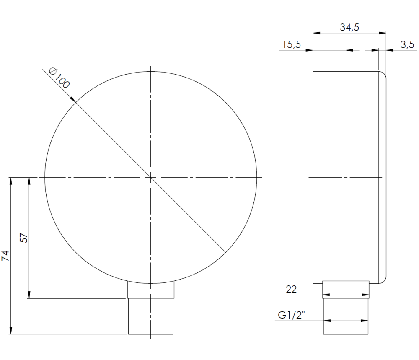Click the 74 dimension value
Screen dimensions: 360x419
(5, 256)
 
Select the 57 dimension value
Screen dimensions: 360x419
(24, 238)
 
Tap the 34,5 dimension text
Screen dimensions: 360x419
(349, 28)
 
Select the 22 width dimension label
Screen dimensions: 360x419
(292, 289)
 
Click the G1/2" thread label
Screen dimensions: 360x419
(291, 315)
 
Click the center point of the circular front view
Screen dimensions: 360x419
(151, 177)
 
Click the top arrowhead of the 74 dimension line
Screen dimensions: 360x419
(11, 181)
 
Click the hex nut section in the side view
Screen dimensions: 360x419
(346, 290)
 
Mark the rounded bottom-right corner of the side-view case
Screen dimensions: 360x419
(383, 280)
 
